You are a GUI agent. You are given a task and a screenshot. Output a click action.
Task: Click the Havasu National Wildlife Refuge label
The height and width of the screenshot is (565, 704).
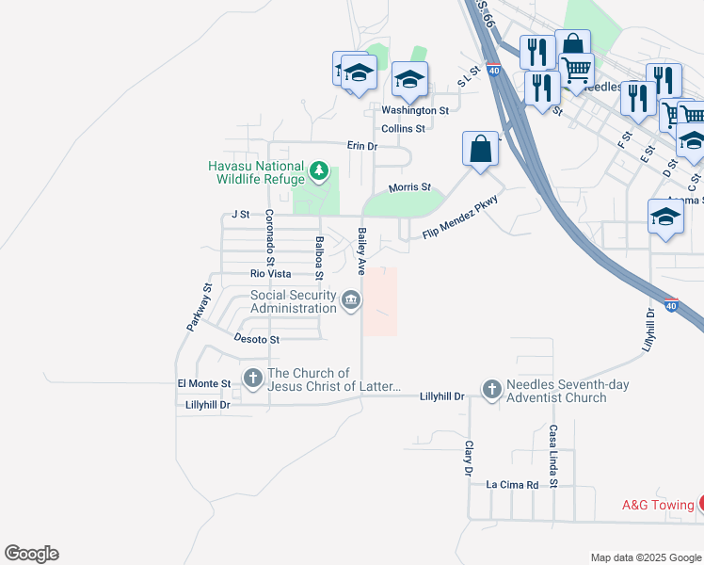(x=256, y=172)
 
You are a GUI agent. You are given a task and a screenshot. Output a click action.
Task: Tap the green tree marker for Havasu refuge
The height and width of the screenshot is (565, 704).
(x=320, y=172)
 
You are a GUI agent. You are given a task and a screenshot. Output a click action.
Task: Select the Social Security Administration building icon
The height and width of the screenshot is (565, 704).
(x=351, y=301)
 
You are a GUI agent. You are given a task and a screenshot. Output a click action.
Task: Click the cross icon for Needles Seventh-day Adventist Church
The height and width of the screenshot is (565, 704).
(x=491, y=389)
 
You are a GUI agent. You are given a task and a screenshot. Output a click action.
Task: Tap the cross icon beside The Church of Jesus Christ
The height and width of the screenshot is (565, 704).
(x=252, y=379)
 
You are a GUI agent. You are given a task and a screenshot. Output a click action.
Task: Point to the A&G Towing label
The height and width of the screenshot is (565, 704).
(x=658, y=505)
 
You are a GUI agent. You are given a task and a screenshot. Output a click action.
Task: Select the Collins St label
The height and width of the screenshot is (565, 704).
(x=403, y=128)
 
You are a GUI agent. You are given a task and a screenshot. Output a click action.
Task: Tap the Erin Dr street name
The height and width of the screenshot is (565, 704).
(x=361, y=146)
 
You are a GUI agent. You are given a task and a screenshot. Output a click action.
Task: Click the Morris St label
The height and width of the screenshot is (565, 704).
(x=409, y=187)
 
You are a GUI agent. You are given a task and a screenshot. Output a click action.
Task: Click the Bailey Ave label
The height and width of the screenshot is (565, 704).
(x=360, y=250)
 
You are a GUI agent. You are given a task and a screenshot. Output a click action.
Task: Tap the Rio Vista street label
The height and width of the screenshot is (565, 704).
(x=270, y=274)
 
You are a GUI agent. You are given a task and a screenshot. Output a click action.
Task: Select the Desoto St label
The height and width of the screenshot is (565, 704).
(x=256, y=339)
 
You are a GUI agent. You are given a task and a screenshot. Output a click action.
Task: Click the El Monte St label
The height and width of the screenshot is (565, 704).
(x=204, y=384)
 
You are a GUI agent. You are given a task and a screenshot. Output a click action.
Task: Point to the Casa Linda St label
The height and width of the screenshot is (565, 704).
(x=553, y=456)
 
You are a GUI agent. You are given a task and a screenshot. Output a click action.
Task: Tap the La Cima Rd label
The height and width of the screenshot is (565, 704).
(x=511, y=485)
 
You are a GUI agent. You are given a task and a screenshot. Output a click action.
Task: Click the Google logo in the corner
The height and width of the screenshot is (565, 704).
(x=31, y=554)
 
